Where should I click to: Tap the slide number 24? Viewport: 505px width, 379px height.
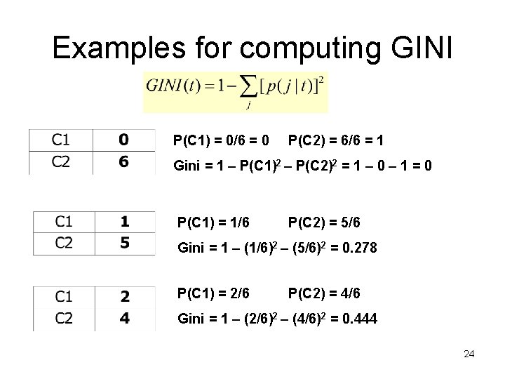pos(469,354)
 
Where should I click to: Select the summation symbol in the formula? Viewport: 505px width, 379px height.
pos(248,88)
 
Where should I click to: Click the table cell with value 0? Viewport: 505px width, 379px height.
pos(123,139)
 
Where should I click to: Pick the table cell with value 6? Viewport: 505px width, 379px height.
pos(123,162)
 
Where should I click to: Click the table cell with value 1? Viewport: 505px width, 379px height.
pos(125,222)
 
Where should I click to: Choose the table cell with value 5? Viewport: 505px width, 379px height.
pos(125,244)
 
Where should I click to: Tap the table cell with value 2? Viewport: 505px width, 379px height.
pos(125,297)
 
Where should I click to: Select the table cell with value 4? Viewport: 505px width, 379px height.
pos(125,319)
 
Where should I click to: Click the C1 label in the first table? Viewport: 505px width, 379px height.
pos(61,139)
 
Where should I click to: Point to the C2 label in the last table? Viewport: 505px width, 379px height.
pos(63,319)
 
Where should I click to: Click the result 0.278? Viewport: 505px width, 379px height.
pos(358,248)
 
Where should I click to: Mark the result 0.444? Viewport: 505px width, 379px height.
pos(358,319)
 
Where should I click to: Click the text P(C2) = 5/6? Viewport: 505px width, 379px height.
pos(324,222)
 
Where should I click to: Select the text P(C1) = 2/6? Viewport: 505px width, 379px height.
pos(213,293)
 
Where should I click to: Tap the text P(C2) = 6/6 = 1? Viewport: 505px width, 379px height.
pos(335,141)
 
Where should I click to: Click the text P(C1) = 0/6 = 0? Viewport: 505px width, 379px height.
pos(221,141)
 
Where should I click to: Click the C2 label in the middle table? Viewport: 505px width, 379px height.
pos(63,244)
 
